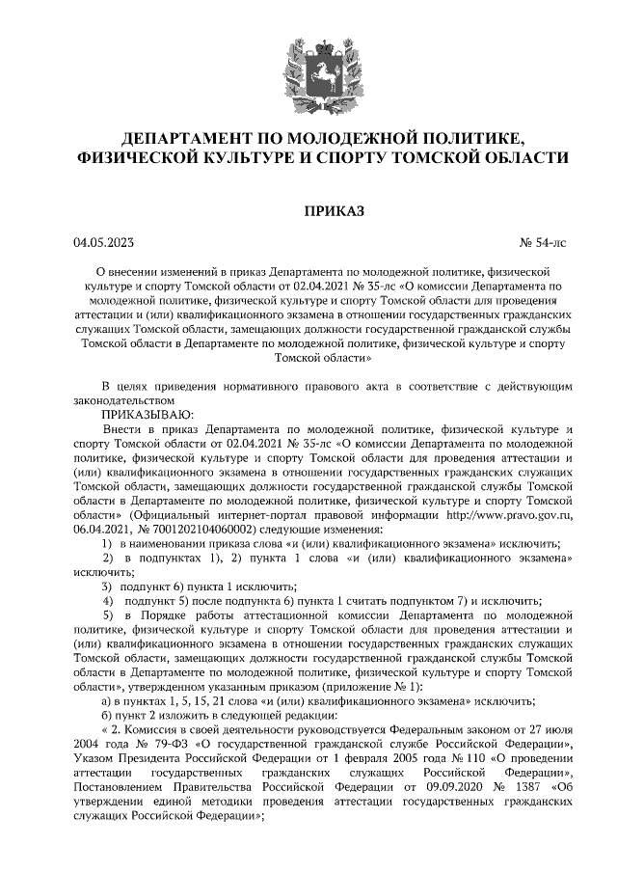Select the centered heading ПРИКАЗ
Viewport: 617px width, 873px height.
point(308,208)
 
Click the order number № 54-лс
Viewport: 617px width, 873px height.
point(543,242)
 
